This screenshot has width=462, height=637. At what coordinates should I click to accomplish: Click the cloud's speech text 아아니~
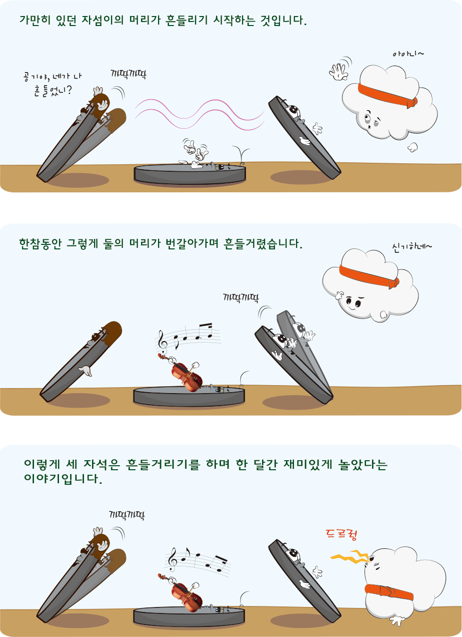click(408, 54)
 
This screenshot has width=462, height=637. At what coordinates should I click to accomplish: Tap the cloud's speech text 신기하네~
click(411, 246)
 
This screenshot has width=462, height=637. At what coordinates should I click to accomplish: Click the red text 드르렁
click(341, 535)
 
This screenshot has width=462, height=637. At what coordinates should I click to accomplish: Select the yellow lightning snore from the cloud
click(351, 557)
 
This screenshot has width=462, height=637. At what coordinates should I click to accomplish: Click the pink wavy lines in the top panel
click(199, 114)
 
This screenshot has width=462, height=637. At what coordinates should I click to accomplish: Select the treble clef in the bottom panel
click(172, 559)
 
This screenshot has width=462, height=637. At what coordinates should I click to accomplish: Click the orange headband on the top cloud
click(387, 95)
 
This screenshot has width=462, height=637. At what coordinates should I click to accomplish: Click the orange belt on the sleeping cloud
click(388, 593)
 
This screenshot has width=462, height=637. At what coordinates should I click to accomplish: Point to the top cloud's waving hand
click(339, 72)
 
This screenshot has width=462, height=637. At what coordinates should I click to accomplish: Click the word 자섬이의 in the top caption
click(102, 20)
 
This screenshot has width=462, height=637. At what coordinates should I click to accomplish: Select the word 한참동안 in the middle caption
click(40, 244)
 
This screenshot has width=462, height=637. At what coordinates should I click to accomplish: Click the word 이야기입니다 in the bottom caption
click(63, 479)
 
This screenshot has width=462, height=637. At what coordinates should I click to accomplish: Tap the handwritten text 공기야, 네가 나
click(52, 77)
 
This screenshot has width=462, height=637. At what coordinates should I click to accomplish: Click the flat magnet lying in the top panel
click(189, 174)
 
